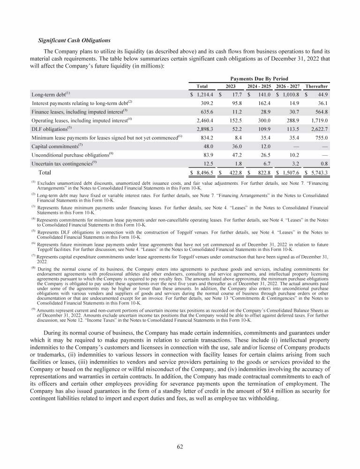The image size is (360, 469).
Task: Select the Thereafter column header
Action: pyautogui.click(x=316, y=86)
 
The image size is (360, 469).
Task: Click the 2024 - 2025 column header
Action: pyautogui.click(x=259, y=86)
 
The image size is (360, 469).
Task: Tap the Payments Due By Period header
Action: pyautogui.click(x=259, y=78)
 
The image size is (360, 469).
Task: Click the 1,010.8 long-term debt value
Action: pyautogui.click(x=289, y=94)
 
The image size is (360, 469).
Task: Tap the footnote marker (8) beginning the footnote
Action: pyautogui.click(x=34, y=266)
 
